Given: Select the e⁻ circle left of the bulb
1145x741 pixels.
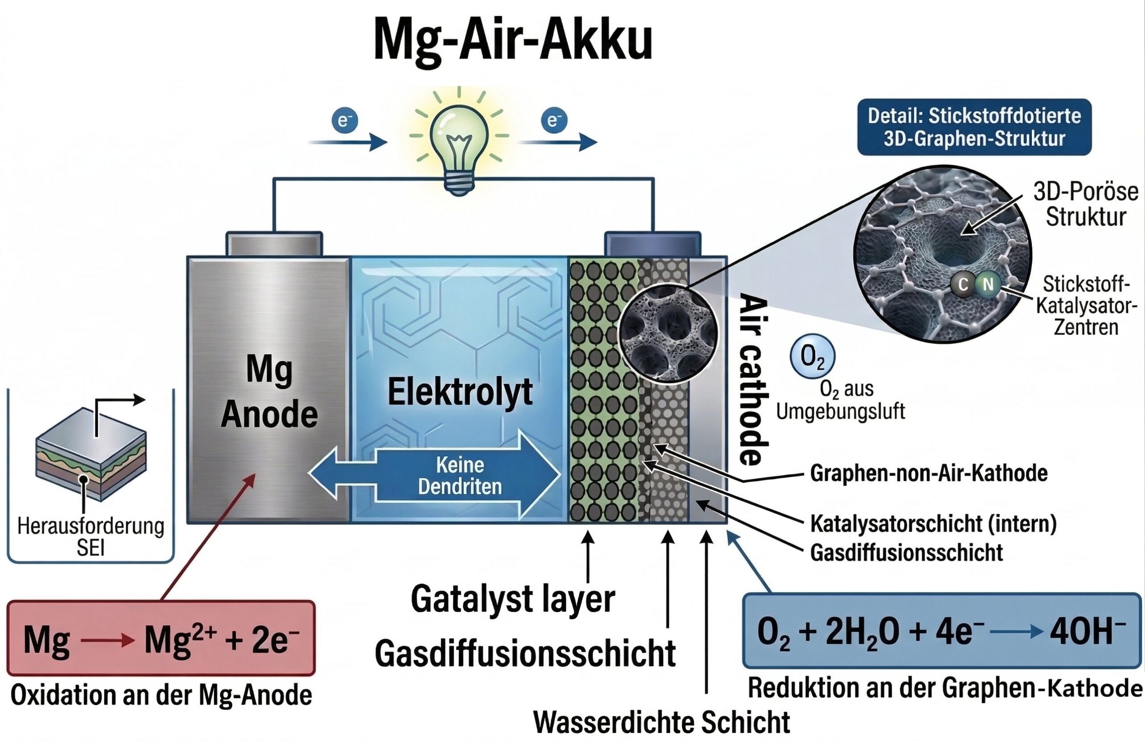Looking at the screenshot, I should pos(343,120).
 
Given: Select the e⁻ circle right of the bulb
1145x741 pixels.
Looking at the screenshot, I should pos(554,120).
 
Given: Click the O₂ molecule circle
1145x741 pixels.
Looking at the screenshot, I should pos(813,357).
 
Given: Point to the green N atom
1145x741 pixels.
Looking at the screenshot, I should pos(988,285).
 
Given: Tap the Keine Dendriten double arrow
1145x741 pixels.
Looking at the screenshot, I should pos(435,476).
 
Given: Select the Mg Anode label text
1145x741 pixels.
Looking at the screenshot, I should pos(269,392).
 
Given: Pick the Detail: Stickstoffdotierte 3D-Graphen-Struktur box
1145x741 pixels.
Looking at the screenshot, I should pos(974,127).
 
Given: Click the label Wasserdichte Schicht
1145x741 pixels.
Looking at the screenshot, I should pos(662,722).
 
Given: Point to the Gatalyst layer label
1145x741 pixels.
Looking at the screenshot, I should pos(513,599).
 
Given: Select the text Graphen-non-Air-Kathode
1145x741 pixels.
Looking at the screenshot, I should pos(929,474).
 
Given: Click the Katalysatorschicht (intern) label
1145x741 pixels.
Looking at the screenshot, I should pos(933,524).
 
